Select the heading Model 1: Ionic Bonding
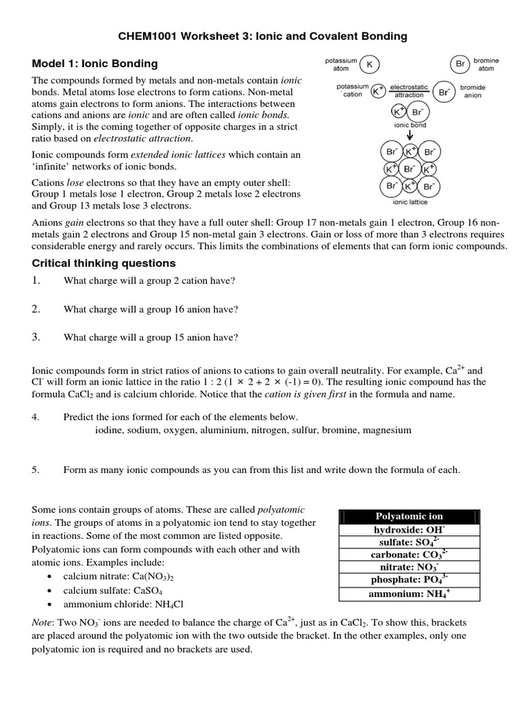click(x=95, y=64)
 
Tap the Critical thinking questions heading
click(x=104, y=263)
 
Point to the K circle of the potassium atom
click(x=371, y=64)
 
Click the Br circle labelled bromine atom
click(x=460, y=64)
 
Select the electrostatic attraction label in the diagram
click(x=409, y=91)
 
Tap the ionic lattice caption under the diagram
click(x=410, y=202)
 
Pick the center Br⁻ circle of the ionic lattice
click(x=410, y=169)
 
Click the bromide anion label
click(x=472, y=91)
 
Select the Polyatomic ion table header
click(x=409, y=516)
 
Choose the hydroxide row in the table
click(x=409, y=530)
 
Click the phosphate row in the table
click(x=409, y=579)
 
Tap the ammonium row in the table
click(x=409, y=594)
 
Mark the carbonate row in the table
click(x=409, y=554)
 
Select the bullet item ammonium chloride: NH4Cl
click(x=123, y=604)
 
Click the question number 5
click(x=36, y=470)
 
